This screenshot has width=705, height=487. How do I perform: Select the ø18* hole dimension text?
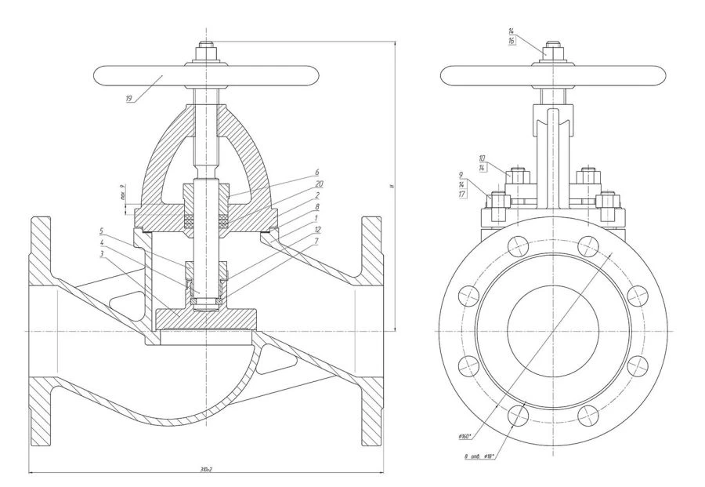[x=486, y=456]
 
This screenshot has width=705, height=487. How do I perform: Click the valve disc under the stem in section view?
[x=206, y=318]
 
